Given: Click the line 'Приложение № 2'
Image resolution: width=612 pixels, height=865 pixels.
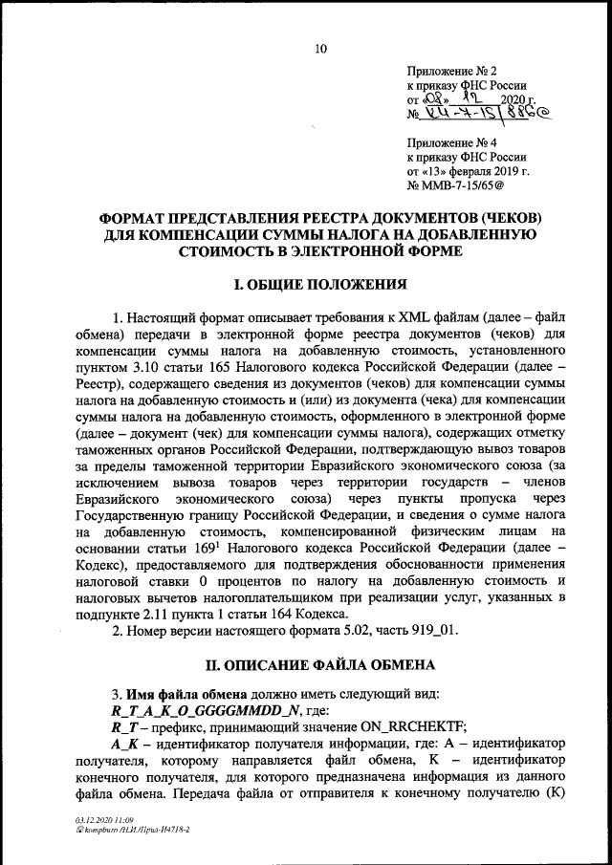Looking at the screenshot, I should pos(451,72).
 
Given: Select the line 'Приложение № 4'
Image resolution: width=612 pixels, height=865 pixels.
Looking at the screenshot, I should pos(451,143).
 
